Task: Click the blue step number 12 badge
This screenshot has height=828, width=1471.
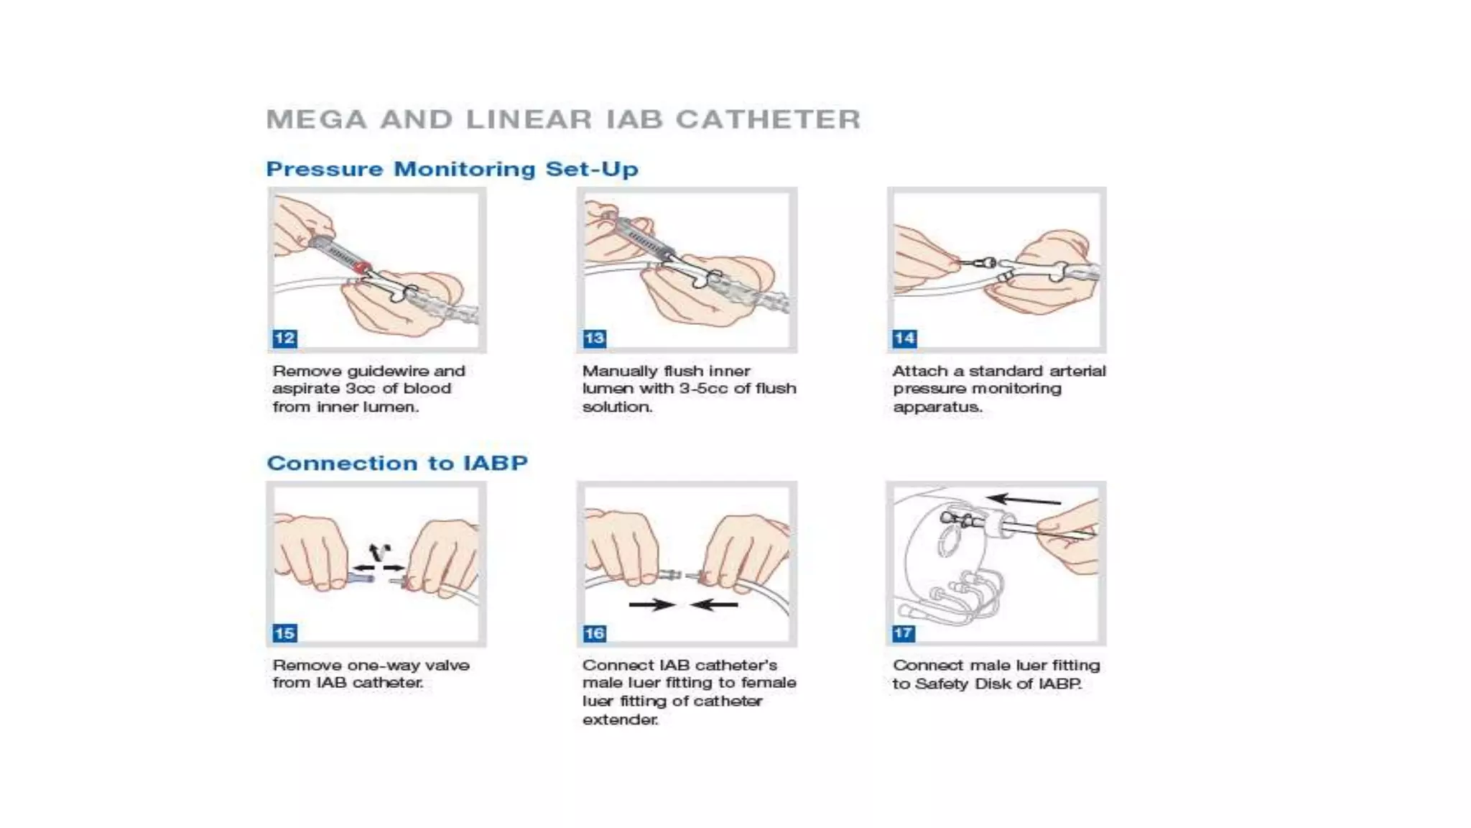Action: [284, 339]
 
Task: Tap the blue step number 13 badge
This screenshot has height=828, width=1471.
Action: [594, 339]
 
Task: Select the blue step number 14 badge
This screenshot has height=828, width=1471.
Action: [904, 339]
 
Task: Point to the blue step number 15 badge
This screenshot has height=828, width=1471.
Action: [284, 633]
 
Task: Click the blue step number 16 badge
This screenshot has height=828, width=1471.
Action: [594, 633]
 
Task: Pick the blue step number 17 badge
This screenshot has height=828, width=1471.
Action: [904, 633]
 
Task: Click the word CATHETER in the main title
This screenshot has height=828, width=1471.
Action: [768, 119]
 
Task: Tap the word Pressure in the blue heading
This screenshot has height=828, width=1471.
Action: [324, 169]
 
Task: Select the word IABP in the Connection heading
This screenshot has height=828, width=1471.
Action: [496, 463]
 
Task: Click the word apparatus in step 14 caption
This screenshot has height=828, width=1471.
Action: [937, 407]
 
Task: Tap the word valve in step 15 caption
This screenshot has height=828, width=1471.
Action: [447, 666]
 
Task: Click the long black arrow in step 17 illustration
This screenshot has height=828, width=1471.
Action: [1023, 500]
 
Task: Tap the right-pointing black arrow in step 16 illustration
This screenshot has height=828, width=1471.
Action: [651, 604]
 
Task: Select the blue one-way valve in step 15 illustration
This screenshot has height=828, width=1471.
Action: [361, 577]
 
